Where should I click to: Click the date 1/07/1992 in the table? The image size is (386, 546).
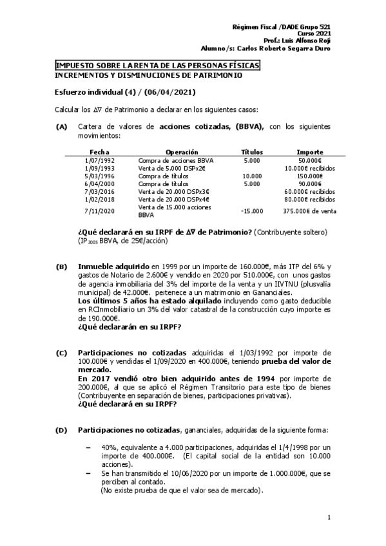(x=99, y=160)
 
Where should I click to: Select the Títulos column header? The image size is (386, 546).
(x=251, y=152)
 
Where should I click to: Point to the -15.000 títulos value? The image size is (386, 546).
(x=251, y=211)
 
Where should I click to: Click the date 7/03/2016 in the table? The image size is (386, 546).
(x=99, y=191)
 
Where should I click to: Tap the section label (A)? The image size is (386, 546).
(x=61, y=127)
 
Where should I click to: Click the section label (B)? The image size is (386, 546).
(x=61, y=266)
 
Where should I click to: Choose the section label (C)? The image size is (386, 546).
(x=61, y=353)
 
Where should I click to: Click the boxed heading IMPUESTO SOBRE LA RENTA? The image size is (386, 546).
(x=157, y=66)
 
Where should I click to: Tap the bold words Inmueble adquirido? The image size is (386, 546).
(x=113, y=266)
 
